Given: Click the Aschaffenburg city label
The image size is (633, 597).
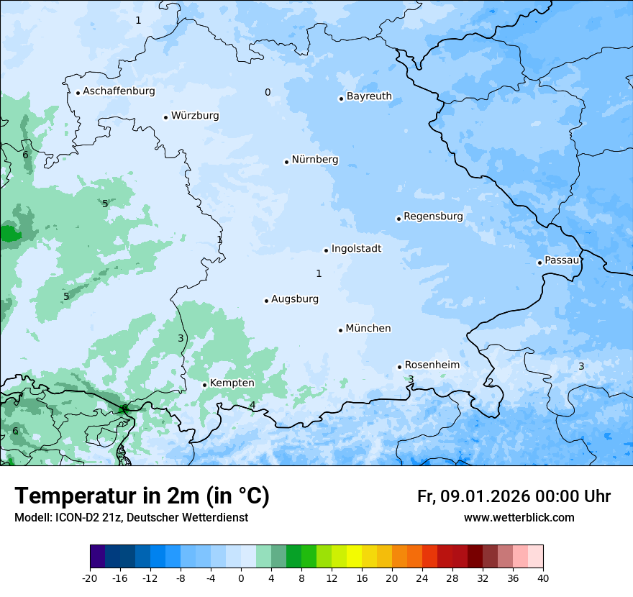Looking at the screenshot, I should pyautogui.click(x=119, y=91).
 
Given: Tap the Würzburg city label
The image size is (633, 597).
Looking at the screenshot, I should pyautogui.click(x=195, y=116).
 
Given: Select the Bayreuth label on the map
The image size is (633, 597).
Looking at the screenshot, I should pyautogui.click(x=369, y=96).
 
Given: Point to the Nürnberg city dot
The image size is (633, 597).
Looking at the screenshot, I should pyautogui.click(x=286, y=162).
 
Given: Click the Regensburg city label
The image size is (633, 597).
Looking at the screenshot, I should pyautogui.click(x=433, y=217).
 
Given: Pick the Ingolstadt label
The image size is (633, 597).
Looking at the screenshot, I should pyautogui.click(x=356, y=249).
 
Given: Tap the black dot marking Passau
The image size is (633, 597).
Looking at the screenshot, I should pyautogui.click(x=539, y=263).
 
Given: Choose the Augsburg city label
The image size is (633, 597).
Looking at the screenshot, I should pyautogui.click(x=295, y=299).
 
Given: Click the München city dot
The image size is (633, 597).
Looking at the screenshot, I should pyautogui.click(x=340, y=330).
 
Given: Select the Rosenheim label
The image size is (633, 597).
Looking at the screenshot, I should pyautogui.click(x=432, y=365).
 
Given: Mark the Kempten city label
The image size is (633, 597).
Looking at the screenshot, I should pyautogui.click(x=232, y=383).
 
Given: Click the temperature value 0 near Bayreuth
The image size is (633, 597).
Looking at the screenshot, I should pyautogui.click(x=268, y=92).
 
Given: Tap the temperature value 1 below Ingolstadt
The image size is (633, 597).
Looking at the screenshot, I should pyautogui.click(x=319, y=273).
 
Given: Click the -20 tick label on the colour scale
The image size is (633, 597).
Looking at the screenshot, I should pyautogui.click(x=90, y=578).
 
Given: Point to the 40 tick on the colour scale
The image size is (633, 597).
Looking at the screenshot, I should pyautogui.click(x=543, y=578).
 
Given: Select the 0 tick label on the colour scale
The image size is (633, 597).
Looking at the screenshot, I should pyautogui.click(x=241, y=578).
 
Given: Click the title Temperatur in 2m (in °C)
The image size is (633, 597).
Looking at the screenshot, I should pyautogui.click(x=142, y=496).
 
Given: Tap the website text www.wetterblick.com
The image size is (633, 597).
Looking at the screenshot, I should pyautogui.click(x=519, y=518).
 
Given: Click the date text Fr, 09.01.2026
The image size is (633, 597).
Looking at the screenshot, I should pyautogui.click(x=473, y=497).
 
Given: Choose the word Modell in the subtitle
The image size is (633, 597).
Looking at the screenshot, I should pyautogui.click(x=31, y=518).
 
